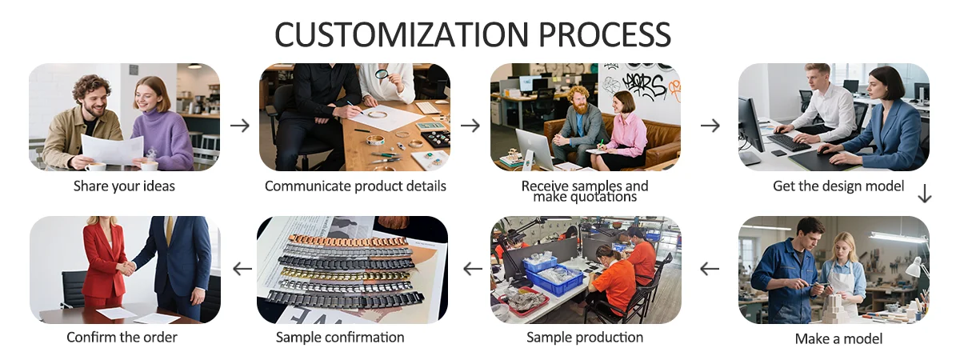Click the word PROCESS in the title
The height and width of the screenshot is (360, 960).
tap(604, 34)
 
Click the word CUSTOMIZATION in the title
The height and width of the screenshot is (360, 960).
tap(402, 34)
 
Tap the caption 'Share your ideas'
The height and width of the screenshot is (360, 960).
tap(124, 186)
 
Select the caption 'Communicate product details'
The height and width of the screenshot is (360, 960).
tap(355, 186)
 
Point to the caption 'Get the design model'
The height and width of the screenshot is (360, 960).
tap(838, 186)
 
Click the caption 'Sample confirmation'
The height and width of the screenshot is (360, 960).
tap(340, 338)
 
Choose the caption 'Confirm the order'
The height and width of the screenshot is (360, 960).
tap(122, 338)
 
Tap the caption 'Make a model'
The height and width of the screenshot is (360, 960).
tap(838, 338)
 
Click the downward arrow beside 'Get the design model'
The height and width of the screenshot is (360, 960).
tap(925, 194)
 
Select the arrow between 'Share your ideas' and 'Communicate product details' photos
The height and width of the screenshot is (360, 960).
tap(239, 126)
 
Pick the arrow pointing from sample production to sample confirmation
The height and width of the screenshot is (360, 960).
tap(473, 269)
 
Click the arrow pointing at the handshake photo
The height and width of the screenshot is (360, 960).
tap(242, 269)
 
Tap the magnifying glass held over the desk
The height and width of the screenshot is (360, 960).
tap(382, 74)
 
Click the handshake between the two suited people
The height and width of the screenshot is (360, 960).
tap(126, 269)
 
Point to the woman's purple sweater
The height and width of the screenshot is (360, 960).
tap(163, 137)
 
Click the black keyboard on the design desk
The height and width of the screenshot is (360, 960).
tap(789, 142)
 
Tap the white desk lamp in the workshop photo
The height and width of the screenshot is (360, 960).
tap(917, 268)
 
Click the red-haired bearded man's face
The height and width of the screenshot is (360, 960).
tap(580, 101)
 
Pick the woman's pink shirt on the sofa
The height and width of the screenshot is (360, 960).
tap(629, 133)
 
